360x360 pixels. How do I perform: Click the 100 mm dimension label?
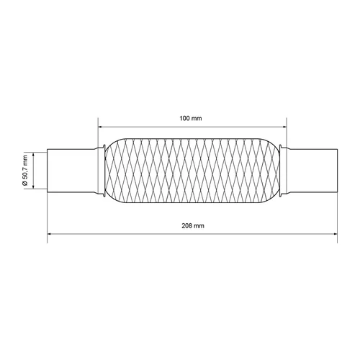point(191,118)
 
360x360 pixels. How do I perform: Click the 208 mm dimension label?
point(193,225)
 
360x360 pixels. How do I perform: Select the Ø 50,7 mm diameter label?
point(25,170)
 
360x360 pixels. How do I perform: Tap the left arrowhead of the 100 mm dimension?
point(100,127)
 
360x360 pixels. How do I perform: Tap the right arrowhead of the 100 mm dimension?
point(284,127)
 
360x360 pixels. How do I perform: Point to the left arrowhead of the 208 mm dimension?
point(50,233)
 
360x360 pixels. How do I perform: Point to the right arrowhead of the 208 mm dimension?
point(335,233)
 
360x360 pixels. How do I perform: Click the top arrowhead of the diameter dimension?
point(33,154)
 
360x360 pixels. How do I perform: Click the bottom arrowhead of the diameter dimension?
point(33,186)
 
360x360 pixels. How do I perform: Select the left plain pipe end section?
point(71,171)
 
